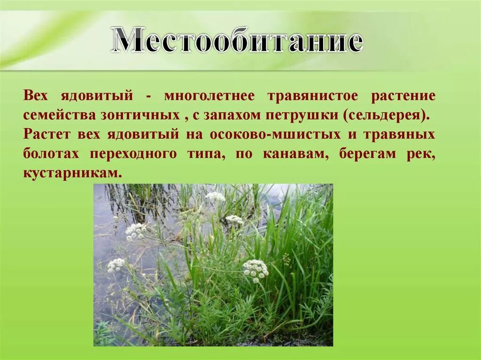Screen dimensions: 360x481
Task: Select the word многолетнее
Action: coord(209,96)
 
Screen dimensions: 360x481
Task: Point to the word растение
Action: coord(403,96)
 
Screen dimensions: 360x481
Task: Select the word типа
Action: coord(206,154)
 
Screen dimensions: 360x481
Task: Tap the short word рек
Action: coord(423,154)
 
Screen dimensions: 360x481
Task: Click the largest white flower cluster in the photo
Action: coord(256,269)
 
